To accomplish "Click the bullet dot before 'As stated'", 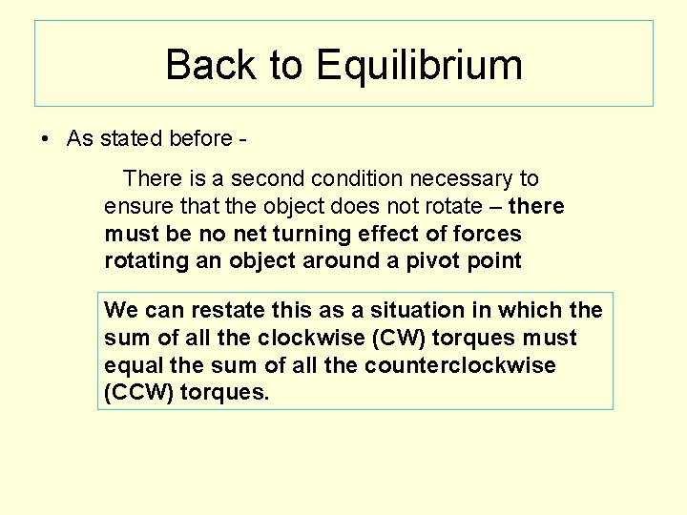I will pos(45,139).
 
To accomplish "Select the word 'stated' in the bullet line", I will pos(130,138).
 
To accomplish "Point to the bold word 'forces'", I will pos(485,234).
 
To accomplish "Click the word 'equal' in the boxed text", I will pos(131,365).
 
